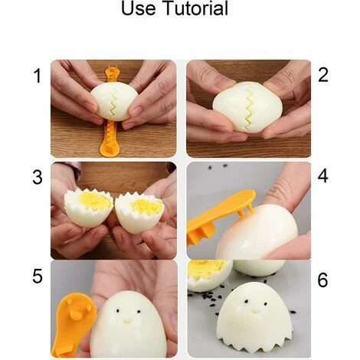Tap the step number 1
36,76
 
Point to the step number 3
36,178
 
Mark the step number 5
36,276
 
